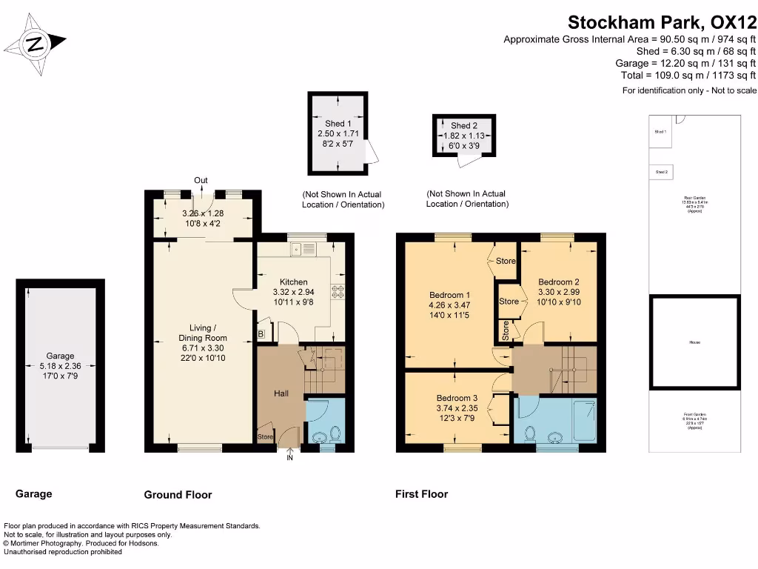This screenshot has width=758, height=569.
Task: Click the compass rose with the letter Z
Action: [36, 44]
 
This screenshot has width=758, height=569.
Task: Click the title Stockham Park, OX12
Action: [662, 22]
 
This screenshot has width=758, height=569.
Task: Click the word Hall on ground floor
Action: [281, 393]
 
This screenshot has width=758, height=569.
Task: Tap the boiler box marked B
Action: [261, 335]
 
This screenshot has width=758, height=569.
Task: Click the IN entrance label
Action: [289, 459]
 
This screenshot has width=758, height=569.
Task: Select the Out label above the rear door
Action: [201, 180]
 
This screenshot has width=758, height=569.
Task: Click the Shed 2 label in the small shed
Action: [464, 126]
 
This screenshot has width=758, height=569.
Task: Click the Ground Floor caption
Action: [178, 495]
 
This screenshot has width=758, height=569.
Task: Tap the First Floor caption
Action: [421, 494]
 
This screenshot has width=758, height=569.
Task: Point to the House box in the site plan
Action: [694, 342]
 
